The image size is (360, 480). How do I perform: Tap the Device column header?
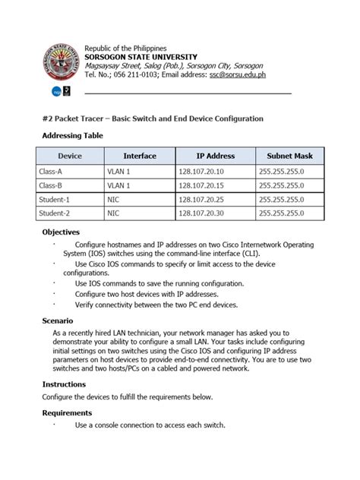[x=69, y=156]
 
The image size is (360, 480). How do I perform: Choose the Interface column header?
[x=139, y=156]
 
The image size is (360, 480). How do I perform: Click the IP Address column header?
[x=215, y=156]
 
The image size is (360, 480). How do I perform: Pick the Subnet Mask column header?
[x=289, y=156]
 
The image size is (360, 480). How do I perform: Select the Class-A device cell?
[x=50, y=172]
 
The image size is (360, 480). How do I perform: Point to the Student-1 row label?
[x=54, y=200]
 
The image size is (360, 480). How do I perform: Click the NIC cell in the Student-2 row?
[x=113, y=213]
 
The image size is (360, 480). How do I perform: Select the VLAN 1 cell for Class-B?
[x=119, y=185]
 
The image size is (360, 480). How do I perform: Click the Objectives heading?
[x=60, y=232]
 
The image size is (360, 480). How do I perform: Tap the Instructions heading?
[x=64, y=384]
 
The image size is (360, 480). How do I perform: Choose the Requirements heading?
[x=67, y=412]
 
